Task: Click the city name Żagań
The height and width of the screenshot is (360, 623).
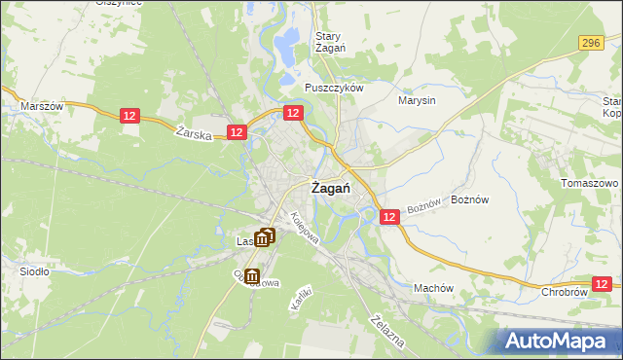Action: [330, 190]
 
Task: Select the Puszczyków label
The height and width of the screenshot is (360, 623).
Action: [334, 87]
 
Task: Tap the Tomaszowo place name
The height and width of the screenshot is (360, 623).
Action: [591, 183]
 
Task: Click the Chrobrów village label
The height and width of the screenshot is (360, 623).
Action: [564, 291]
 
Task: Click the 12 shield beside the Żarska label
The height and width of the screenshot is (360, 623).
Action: [236, 131]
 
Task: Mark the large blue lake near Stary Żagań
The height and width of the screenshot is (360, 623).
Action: [287, 44]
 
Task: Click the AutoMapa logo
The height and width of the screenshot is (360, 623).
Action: [560, 341]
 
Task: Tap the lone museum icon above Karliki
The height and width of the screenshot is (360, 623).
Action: [252, 277]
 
